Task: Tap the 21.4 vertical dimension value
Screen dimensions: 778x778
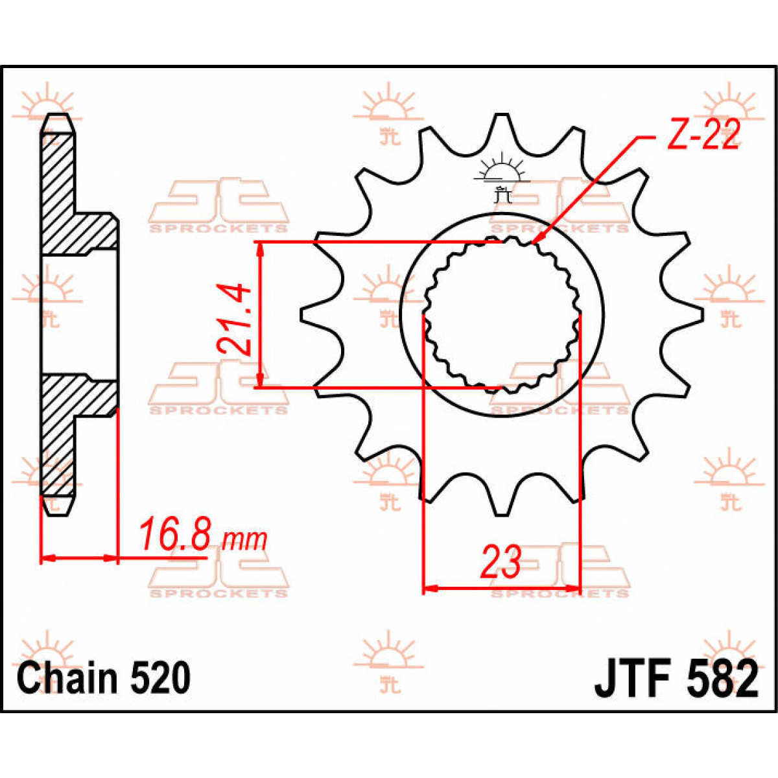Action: (x=235, y=318)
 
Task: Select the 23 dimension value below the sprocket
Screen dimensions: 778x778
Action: (x=501, y=561)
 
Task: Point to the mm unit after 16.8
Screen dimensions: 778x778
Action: (x=244, y=539)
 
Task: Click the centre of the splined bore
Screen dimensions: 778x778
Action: (x=502, y=315)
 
